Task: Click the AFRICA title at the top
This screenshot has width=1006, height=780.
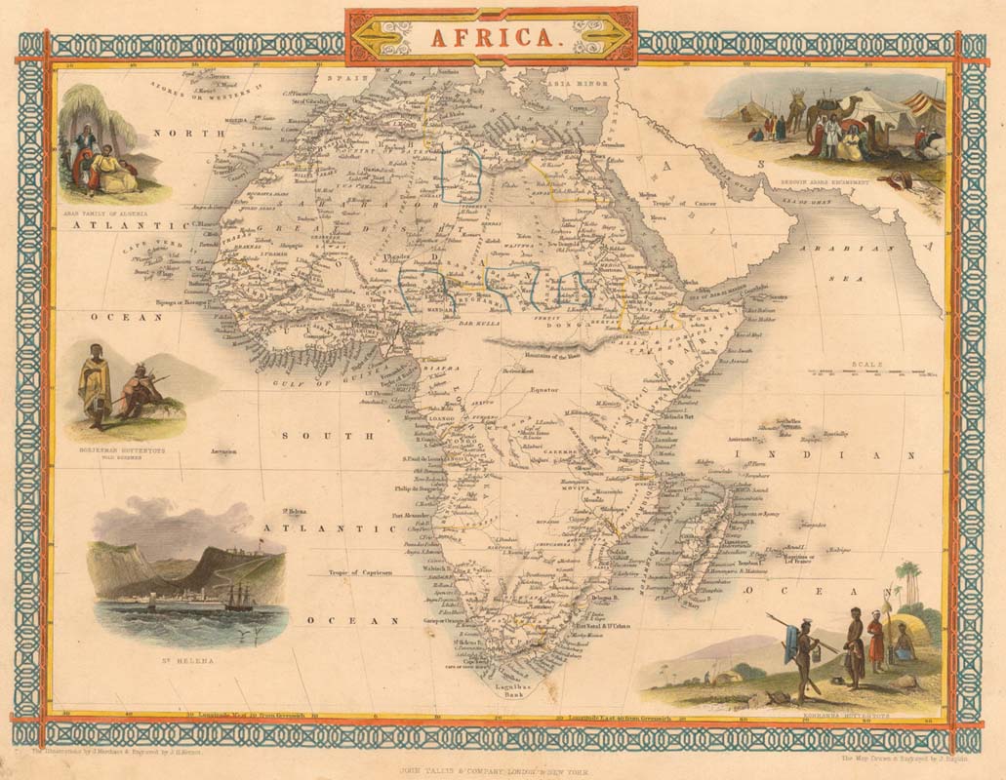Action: click(491, 37)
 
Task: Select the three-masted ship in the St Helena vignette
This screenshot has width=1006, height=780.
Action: click(238, 597)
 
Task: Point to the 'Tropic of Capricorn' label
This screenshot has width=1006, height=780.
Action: click(359, 573)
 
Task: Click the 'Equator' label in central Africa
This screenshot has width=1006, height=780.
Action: click(543, 389)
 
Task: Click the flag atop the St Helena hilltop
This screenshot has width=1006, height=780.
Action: click(262, 539)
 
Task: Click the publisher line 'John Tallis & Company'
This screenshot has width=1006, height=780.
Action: click(490, 768)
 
